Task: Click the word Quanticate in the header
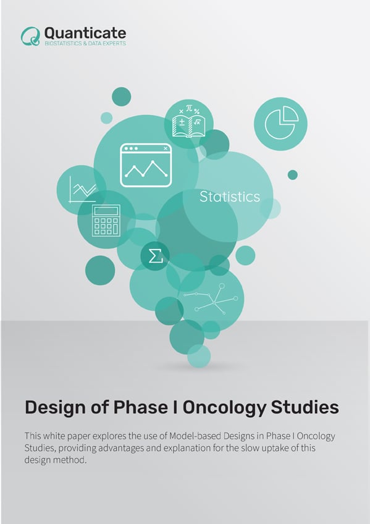85,32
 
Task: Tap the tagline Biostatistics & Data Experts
85,44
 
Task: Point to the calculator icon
106,220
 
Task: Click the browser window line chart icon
146,166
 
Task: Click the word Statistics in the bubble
229,197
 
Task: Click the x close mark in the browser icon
165,148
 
